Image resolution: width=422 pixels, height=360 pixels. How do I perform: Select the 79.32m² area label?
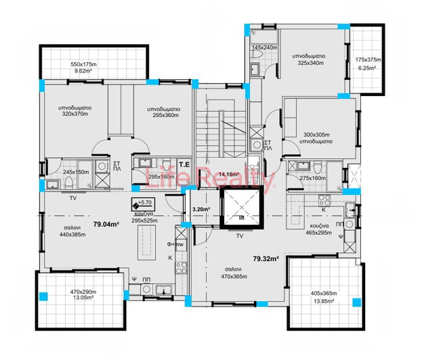[x=266, y=258]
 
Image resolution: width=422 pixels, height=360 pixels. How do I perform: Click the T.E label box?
[x=165, y=162]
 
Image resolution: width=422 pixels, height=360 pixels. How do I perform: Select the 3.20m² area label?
[x=201, y=210]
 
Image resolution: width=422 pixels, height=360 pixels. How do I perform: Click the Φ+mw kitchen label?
[x=175, y=244]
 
